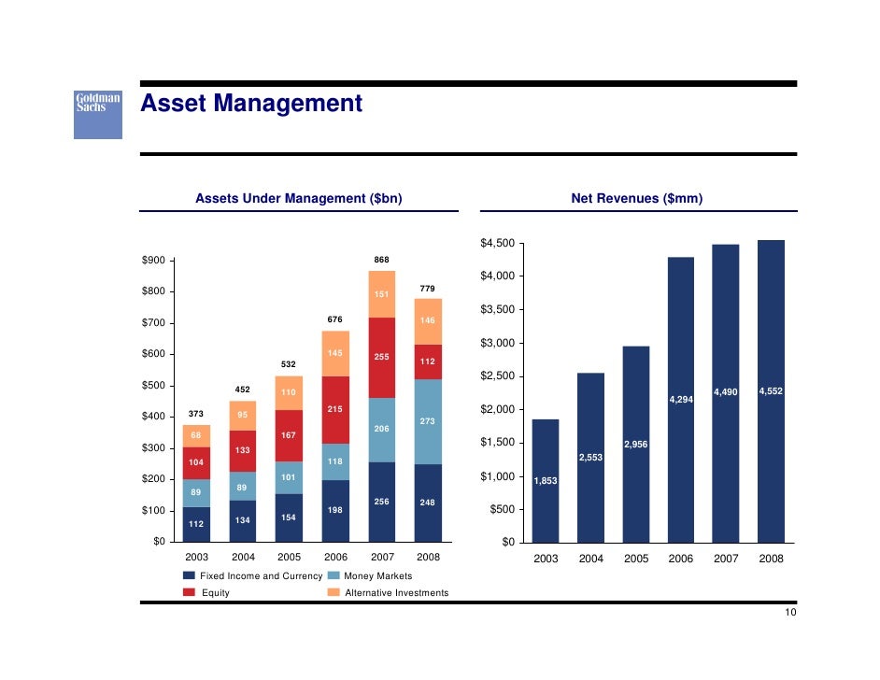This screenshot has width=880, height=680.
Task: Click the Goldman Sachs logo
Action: (x=98, y=115)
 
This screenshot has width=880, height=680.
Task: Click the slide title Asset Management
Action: (x=250, y=104)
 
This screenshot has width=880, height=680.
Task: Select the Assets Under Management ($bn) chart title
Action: (x=298, y=198)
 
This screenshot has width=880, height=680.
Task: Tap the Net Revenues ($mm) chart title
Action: (x=637, y=198)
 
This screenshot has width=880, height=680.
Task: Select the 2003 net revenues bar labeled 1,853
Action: (x=546, y=480)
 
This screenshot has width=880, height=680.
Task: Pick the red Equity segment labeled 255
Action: (x=382, y=357)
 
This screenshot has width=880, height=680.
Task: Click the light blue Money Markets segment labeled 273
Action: (x=428, y=421)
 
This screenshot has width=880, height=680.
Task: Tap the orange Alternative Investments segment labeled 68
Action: (x=196, y=435)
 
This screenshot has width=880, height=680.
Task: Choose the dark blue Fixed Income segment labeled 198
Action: (x=336, y=510)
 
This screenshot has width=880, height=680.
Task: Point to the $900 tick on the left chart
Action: (x=153, y=261)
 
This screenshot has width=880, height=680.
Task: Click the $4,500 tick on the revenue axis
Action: (x=497, y=244)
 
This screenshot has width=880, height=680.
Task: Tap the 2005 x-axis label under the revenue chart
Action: (x=636, y=559)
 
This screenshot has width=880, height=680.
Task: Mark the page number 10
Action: (x=790, y=613)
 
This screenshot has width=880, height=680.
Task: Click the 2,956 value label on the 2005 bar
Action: (x=635, y=445)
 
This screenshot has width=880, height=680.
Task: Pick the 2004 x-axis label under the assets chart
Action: (x=243, y=557)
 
